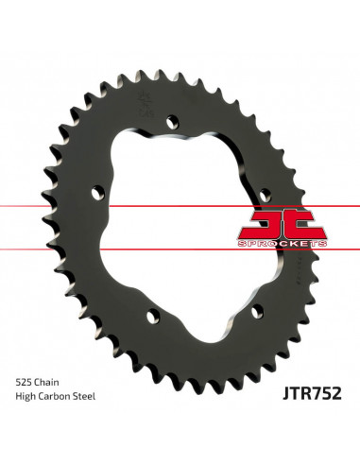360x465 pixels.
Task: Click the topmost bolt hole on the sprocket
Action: (x=171, y=121)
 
